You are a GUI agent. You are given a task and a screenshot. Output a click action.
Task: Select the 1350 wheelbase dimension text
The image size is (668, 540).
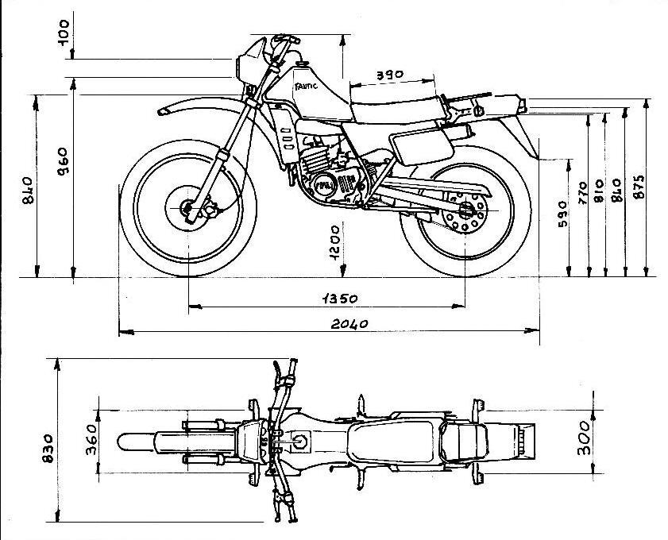click(339, 299)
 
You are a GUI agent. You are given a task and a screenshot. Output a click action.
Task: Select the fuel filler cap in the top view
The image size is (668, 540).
click(302, 442)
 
